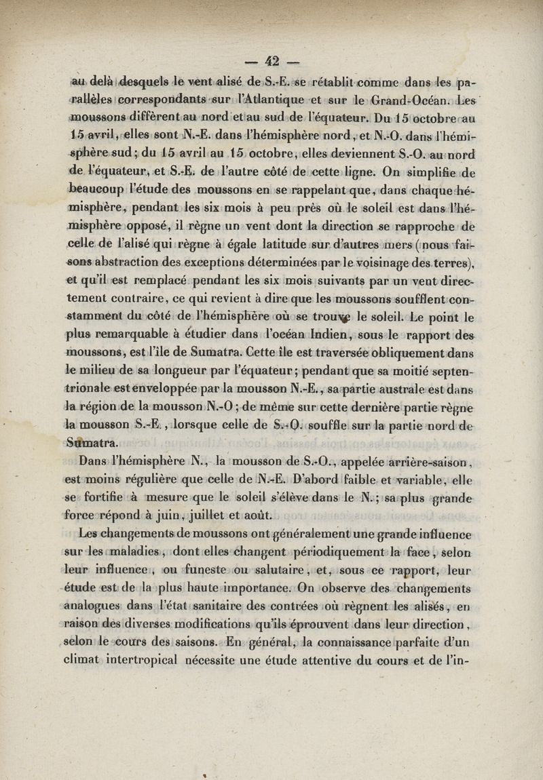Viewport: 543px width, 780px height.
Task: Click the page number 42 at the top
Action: coord(272,61)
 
